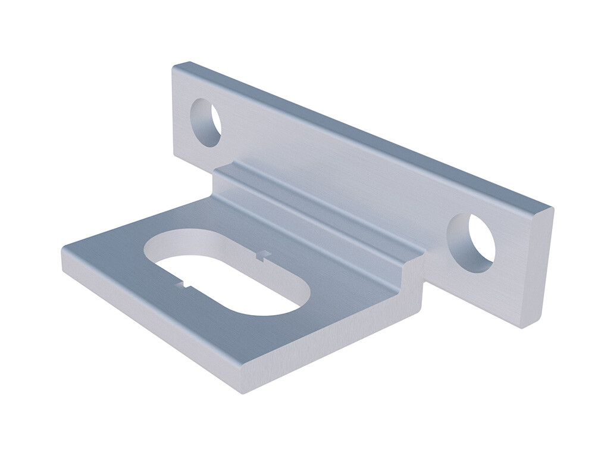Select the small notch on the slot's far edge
[x=262, y=256]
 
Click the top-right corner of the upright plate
[x=551, y=208]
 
